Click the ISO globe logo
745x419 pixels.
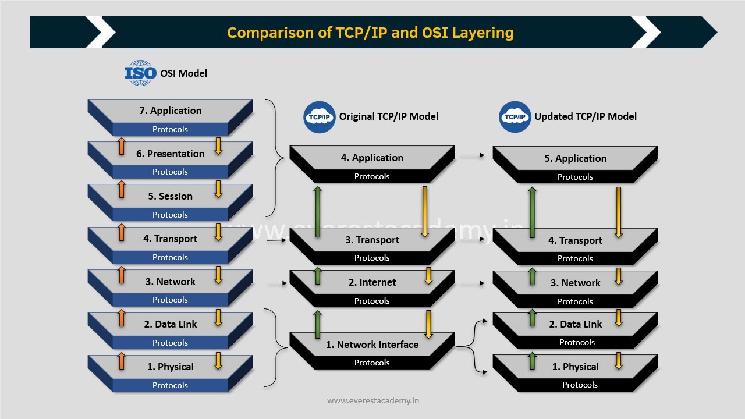[140, 73]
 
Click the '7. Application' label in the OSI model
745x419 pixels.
[170, 111]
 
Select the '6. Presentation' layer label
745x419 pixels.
[170, 154]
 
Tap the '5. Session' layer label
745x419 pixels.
[170, 196]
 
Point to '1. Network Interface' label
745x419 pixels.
[372, 345]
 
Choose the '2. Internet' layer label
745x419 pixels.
[372, 282]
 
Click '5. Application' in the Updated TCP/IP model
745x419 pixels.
[575, 158]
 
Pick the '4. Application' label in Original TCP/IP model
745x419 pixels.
[372, 158]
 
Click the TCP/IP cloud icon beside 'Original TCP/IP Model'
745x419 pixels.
[320, 116]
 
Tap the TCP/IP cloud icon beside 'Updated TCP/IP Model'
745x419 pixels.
[515, 116]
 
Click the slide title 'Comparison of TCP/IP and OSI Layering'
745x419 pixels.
[370, 32]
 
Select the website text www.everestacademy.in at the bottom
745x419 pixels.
[373, 400]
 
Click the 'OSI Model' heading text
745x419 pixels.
[183, 73]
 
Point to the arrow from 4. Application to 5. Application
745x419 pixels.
[473, 155]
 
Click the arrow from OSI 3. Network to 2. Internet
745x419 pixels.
[277, 283]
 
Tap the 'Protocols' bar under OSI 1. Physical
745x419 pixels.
[170, 385]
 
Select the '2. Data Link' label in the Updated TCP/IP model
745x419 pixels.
[575, 324]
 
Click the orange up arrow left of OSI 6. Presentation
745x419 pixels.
[122, 146]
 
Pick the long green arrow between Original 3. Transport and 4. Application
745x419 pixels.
[318, 212]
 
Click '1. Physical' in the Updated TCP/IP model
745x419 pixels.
[575, 367]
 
